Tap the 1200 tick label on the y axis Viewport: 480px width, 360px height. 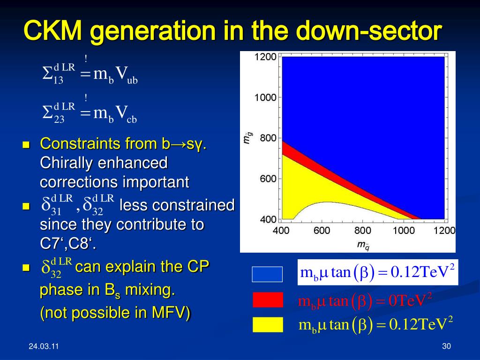pyautogui.click(x=265, y=57)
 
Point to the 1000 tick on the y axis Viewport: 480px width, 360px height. pyautogui.click(x=265, y=97)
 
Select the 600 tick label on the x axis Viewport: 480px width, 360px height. pyautogui.click(x=322, y=230)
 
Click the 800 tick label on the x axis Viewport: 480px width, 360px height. pyautogui.click(x=363, y=230)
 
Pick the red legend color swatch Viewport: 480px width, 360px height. pyautogui.click(x=268, y=300)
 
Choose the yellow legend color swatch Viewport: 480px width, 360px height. pyautogui.click(x=268, y=325)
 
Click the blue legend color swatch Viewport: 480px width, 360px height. pyautogui.click(x=267, y=274)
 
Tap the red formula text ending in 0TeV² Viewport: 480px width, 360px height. pyautogui.click(x=365, y=300)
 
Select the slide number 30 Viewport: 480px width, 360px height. pyautogui.click(x=446, y=346)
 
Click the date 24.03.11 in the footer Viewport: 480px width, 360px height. pyautogui.click(x=44, y=346)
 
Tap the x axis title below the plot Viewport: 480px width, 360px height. pyautogui.click(x=363, y=245)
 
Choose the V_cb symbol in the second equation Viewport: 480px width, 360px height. pyautogui.click(x=126, y=114)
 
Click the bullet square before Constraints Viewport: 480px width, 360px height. pyautogui.click(x=26, y=144)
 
